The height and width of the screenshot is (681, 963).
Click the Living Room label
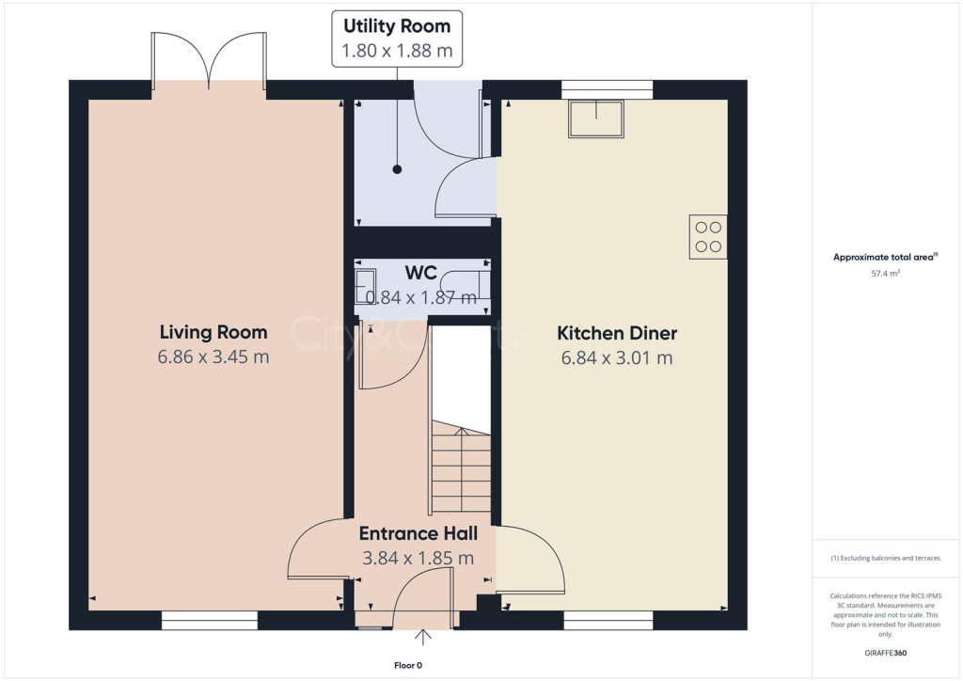[213, 332]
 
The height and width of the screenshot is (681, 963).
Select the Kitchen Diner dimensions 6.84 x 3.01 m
[617, 357]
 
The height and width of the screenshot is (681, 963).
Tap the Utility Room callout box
[397, 39]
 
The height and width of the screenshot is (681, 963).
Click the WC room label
[420, 273]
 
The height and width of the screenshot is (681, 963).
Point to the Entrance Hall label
[418, 533]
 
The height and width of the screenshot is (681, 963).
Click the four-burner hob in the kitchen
[708, 236]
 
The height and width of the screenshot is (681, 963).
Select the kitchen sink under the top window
[596, 119]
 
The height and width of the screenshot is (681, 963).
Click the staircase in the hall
[461, 470]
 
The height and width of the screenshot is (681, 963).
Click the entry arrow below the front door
[423, 639]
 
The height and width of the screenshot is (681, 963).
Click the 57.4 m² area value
[886, 274]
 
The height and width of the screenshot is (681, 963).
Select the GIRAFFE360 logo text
[886, 653]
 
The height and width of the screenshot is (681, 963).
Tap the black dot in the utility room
[397, 170]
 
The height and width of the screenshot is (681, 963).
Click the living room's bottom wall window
[209, 620]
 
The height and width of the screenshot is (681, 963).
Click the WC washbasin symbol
[365, 282]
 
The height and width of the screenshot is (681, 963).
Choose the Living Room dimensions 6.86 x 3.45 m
[213, 356]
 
